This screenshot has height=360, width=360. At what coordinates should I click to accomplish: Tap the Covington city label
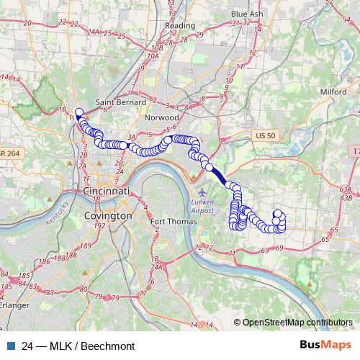(x=108, y=215)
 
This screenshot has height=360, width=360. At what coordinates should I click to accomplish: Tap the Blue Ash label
(x=248, y=14)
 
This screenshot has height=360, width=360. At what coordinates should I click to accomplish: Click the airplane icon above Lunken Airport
(x=202, y=193)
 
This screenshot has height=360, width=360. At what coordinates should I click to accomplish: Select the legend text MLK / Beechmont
(x=73, y=346)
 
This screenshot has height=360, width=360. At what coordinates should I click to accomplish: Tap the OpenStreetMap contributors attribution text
(x=297, y=322)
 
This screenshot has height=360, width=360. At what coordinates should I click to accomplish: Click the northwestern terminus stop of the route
(x=78, y=112)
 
